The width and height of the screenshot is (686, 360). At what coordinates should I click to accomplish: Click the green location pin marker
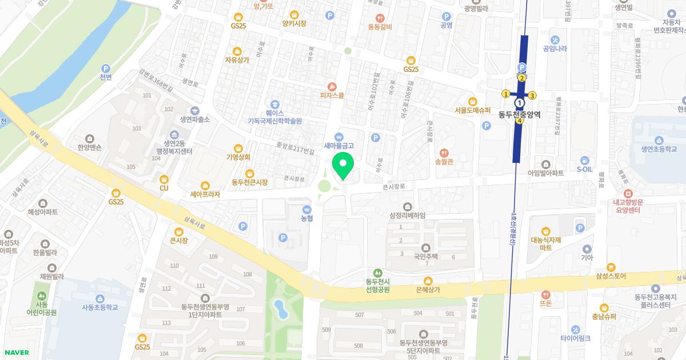(343, 166)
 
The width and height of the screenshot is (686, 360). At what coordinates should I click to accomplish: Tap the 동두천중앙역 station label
(519, 114)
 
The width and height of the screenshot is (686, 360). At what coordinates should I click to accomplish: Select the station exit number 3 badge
(532, 95)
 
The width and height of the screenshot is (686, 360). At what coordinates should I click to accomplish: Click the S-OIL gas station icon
(584, 160)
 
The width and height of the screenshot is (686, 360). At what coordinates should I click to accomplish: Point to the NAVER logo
(17, 353)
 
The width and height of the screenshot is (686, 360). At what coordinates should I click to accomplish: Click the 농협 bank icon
(307, 209)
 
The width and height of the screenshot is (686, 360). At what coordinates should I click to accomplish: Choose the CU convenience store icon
(164, 179)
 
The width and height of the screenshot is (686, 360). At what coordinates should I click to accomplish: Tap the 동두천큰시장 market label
(249, 182)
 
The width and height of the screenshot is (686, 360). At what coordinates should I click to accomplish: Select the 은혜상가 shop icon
(428, 281)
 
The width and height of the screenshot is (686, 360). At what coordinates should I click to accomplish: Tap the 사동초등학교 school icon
(99, 298)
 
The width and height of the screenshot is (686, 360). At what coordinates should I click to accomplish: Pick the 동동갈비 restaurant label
(380, 26)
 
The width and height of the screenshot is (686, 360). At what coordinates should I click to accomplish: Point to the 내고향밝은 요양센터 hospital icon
(628, 194)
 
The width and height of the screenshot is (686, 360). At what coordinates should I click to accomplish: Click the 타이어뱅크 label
(575, 338)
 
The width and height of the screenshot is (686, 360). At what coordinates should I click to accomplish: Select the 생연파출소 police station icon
(195, 119)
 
